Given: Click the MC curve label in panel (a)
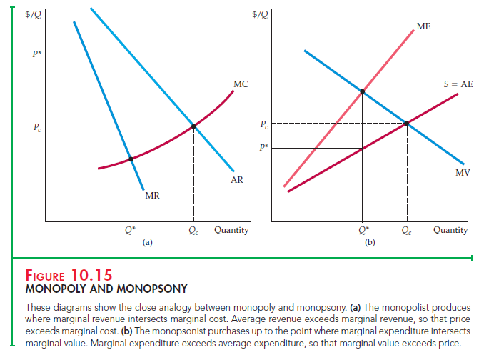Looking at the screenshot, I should click(241, 84).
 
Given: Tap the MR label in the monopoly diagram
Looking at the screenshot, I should click(152, 196).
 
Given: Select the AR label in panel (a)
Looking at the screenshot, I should click(237, 180).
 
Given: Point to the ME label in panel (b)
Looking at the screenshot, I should click(423, 26).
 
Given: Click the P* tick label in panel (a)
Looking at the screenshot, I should click(31, 54).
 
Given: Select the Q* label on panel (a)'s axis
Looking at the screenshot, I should click(129, 231).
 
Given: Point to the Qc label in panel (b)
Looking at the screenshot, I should click(406, 231).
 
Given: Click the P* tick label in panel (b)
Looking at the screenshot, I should click(264, 148).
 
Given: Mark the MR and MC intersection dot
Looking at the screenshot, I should click(130, 159).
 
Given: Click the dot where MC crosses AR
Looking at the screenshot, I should click(193, 127).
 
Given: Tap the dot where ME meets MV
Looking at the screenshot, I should click(363, 91).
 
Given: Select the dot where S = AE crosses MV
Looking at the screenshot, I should click(407, 124).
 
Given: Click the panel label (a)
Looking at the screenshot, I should click(147, 243).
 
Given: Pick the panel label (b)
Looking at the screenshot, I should click(369, 243).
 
